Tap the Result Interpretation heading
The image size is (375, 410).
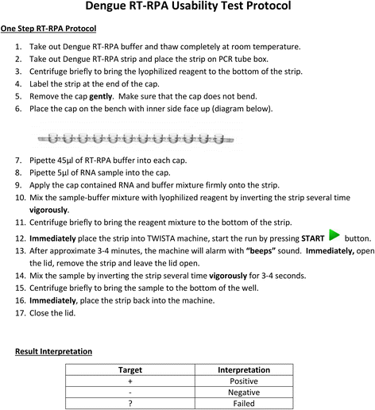point(54,350)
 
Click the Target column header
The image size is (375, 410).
point(130,369)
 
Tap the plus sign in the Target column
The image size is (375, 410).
point(130,381)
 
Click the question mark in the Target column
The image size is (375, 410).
point(130,403)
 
